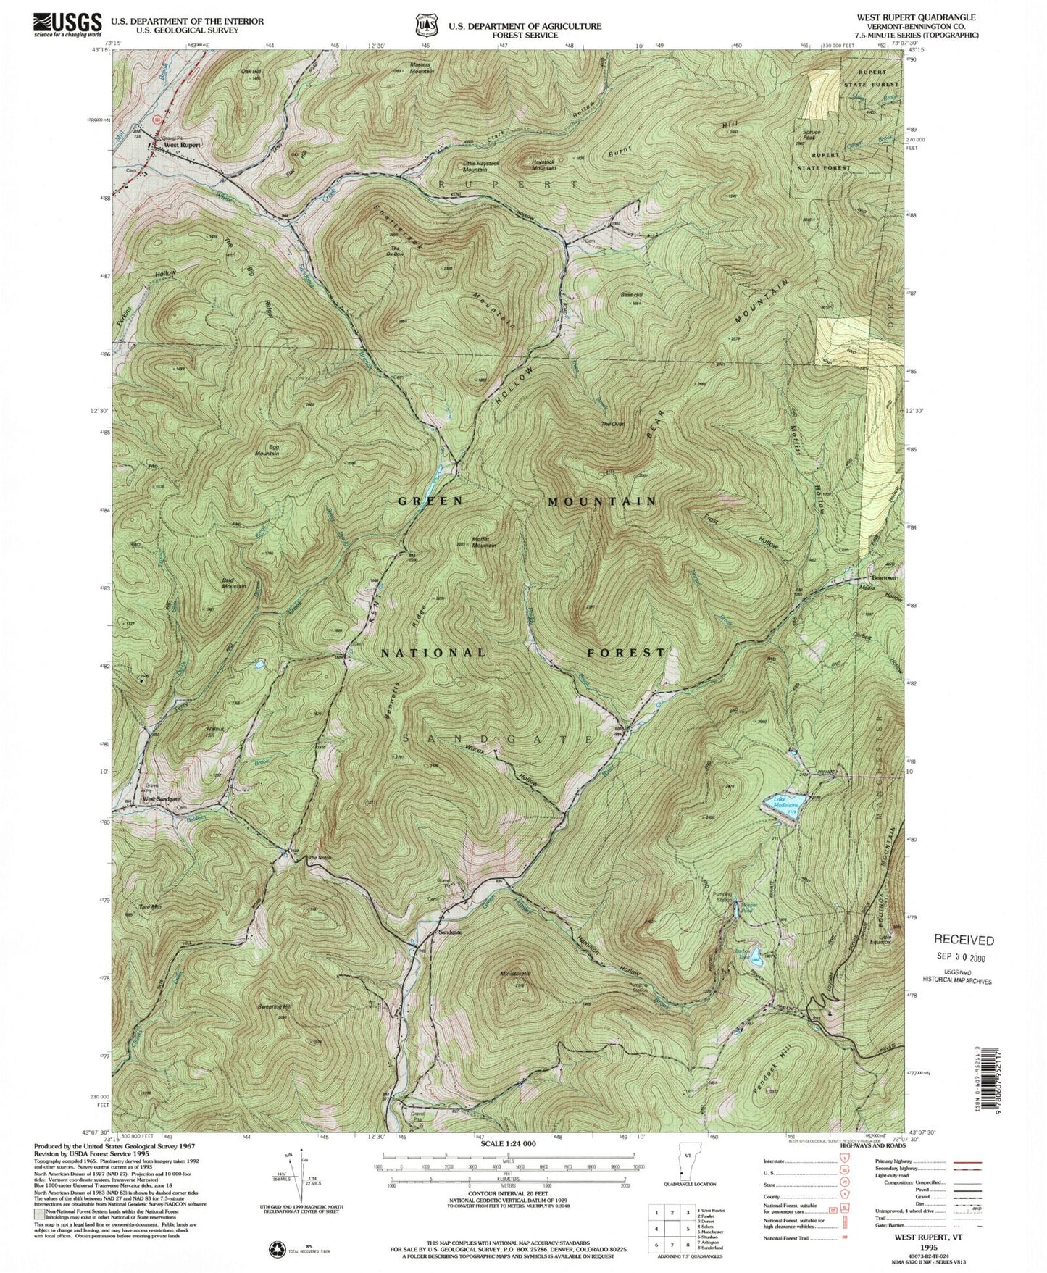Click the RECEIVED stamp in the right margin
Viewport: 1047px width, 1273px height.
click(x=964, y=940)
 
